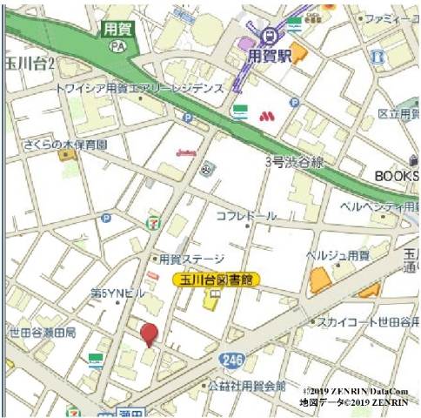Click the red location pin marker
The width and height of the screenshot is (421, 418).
(150, 334)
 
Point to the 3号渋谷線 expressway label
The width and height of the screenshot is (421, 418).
(294, 162)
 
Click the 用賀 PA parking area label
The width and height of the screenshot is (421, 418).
(117, 34)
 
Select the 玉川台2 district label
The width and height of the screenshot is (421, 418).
(29, 64)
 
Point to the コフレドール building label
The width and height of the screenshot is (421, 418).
(246, 215)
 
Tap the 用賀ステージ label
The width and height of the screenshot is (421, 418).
(191, 259)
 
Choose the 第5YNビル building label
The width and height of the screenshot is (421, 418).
(117, 293)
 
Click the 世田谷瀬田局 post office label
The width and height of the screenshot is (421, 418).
(43, 333)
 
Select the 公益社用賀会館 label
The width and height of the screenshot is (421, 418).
(246, 385)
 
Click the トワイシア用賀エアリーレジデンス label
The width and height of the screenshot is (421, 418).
(139, 88)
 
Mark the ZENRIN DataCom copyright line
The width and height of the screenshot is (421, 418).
(356, 393)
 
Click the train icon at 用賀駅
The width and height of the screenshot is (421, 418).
(270, 36)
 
